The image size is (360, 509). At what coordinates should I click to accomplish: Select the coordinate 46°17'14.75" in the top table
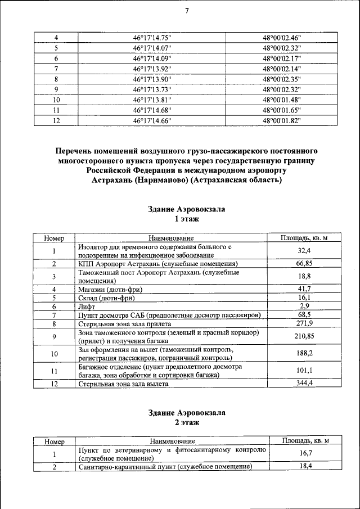(x=152, y=37)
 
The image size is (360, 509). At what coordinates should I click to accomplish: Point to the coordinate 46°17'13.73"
(x=152, y=89)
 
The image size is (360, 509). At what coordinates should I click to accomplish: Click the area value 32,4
(x=304, y=251)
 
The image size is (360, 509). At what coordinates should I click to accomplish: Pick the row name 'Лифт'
(x=86, y=307)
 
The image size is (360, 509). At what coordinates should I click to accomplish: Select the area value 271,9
(x=304, y=323)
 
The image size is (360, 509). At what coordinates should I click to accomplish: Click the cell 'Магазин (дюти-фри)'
(x=110, y=289)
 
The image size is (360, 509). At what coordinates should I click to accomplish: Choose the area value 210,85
(x=304, y=336)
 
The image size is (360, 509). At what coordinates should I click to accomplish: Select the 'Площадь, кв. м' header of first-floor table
(x=304, y=238)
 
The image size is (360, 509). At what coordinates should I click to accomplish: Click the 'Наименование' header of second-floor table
(x=172, y=442)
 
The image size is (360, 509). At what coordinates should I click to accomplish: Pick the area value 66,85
(x=304, y=263)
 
